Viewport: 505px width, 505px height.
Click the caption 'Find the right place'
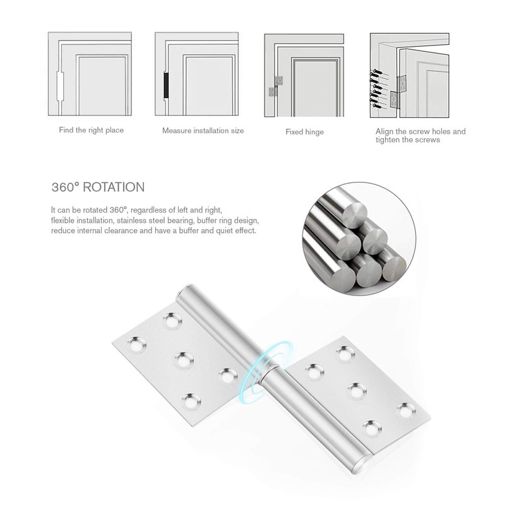(x=92, y=130)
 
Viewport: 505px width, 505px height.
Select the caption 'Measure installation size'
(x=203, y=131)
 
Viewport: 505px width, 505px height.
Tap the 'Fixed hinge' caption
(x=304, y=132)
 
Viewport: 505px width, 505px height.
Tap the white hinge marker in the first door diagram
(x=61, y=86)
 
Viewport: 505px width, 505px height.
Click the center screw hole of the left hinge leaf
(x=183, y=360)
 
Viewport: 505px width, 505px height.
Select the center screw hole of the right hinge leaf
(x=355, y=388)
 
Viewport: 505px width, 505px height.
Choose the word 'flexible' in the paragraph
(x=62, y=220)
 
